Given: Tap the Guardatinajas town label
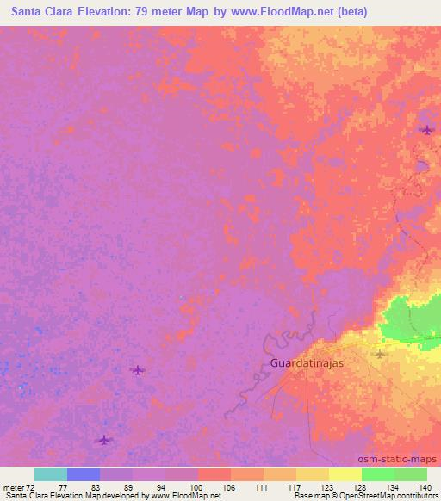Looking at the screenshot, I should point(307,363).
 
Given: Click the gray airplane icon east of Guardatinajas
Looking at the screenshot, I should point(381,354).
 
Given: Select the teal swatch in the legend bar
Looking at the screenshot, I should point(51,474).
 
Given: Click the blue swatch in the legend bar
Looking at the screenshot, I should point(84,474).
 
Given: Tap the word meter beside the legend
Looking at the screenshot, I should point(14,487).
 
